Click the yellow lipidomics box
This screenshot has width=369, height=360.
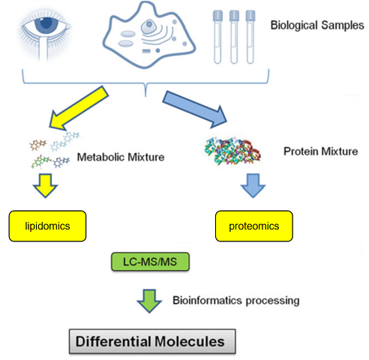[x=47, y=226]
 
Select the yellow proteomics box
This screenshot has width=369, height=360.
[x=254, y=226]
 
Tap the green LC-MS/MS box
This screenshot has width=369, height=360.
[x=150, y=262]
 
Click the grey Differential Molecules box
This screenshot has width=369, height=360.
[x=152, y=341]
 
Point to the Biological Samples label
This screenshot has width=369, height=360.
[x=317, y=25]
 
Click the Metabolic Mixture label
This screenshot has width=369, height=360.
[x=121, y=157]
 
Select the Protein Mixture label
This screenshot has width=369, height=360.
[x=321, y=151]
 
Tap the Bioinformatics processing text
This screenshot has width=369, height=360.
[x=236, y=301]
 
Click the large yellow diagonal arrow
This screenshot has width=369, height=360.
[x=78, y=109]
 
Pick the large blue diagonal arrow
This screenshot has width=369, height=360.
[x=195, y=109]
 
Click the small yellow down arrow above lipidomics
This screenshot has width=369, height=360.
[x=45, y=186]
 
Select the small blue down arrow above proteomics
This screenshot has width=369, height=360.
[x=253, y=186]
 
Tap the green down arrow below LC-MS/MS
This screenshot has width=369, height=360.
[x=149, y=301]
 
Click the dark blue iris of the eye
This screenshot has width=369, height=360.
[x=46, y=23]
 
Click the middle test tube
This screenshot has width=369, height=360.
[x=234, y=37]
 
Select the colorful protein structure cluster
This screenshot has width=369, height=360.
[x=232, y=151]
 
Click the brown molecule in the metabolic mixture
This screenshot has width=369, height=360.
[x=38, y=145]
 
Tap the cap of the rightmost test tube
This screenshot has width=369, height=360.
[x=250, y=16]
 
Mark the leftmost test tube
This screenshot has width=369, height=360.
[x=217, y=37]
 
